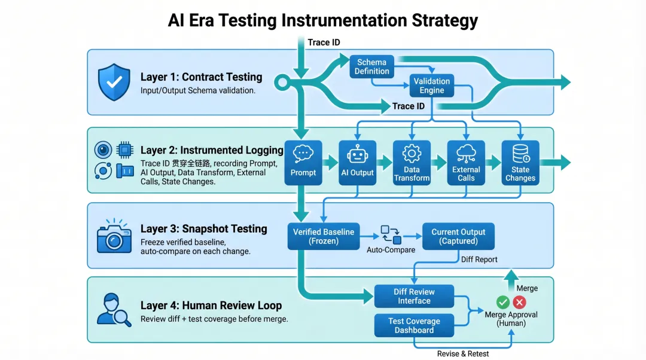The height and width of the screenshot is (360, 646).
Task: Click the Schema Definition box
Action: pyautogui.click(x=371, y=66)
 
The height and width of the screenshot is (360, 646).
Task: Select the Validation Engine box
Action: pyautogui.click(x=431, y=86)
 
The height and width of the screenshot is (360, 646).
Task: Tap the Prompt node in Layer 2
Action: pyautogui.click(x=303, y=162)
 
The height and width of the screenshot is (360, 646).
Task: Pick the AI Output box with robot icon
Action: pyautogui.click(x=357, y=162)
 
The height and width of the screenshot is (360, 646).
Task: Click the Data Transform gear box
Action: pyautogui.click(x=412, y=162)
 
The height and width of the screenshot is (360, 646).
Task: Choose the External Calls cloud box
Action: pyautogui.click(x=466, y=162)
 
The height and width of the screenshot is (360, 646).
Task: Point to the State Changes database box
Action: pyautogui.click(x=520, y=162)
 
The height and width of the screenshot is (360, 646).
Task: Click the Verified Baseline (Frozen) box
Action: pyautogui.click(x=324, y=236)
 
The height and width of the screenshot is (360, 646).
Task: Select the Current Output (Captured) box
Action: pyautogui.click(x=458, y=236)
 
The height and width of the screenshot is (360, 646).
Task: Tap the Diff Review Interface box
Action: pyautogui.click(x=414, y=296)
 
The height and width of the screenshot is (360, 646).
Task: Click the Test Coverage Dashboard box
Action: pyautogui.click(x=414, y=325)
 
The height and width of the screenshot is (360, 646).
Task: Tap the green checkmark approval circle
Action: pyautogui.click(x=503, y=303)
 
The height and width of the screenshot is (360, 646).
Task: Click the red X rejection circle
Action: pyautogui.click(x=519, y=303)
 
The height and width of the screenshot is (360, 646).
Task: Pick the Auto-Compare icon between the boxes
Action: pyautogui.click(x=391, y=234)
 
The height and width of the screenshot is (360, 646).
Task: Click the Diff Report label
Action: pyautogui.click(x=479, y=260)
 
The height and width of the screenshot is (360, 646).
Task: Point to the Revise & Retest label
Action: pyautogui.click(x=462, y=353)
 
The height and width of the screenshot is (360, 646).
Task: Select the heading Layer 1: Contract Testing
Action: pyautogui.click(x=201, y=77)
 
